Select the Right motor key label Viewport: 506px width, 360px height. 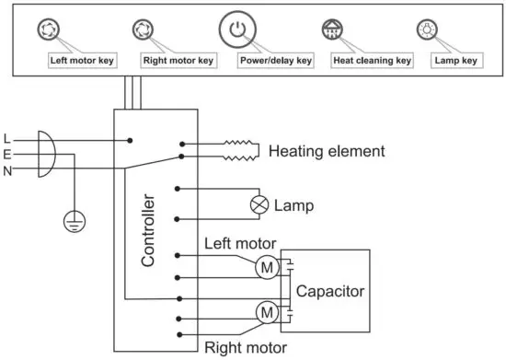pos(178,61)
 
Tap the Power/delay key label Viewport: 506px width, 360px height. pos(275,61)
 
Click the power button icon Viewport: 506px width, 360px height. pos(236,29)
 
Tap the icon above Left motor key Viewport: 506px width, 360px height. pos(46,29)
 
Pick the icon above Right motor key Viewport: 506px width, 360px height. pos(143,29)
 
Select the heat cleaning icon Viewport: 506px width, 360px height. pos(331,29)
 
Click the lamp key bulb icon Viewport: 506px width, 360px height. pos(427,29)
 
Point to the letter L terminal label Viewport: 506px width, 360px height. pos(7,138)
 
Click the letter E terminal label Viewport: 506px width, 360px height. pos(7,155)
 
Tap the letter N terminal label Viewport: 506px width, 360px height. pos(7,170)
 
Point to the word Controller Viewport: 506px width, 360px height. pos(148,230)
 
